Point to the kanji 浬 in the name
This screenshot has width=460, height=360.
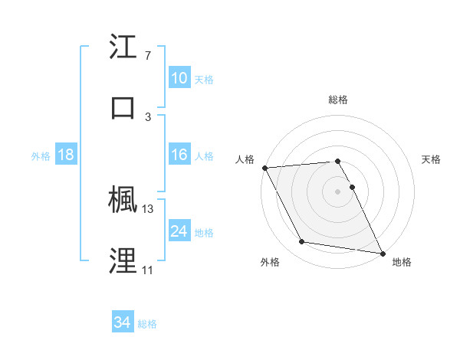pyautogui.click(x=124, y=260)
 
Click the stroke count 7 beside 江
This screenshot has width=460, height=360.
pyautogui.click(x=148, y=56)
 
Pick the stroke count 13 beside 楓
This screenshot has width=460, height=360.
pyautogui.click(x=148, y=208)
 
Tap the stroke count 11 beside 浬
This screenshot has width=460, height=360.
pyautogui.click(x=147, y=270)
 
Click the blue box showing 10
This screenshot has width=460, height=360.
pyautogui.click(x=179, y=77)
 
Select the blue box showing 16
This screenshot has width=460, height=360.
pyautogui.click(x=179, y=155)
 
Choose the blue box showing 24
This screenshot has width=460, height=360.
pyautogui.click(x=179, y=231)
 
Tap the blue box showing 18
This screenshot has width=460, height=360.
pyautogui.click(x=66, y=155)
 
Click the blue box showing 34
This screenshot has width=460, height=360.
pyautogui.click(x=123, y=323)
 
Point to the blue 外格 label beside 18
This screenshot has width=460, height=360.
pyautogui.click(x=41, y=155)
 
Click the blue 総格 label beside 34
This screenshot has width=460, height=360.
pyautogui.click(x=147, y=324)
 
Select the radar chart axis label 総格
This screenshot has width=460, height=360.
pyautogui.click(x=337, y=100)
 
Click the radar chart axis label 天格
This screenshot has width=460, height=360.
pyautogui.click(x=431, y=159)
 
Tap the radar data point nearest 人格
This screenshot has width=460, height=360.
pyautogui.click(x=264, y=168)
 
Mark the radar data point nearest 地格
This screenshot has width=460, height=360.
pyautogui.click(x=382, y=253)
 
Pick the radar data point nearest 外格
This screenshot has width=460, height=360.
pyautogui.click(x=301, y=242)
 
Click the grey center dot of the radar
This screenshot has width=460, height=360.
pyautogui.click(x=337, y=191)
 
